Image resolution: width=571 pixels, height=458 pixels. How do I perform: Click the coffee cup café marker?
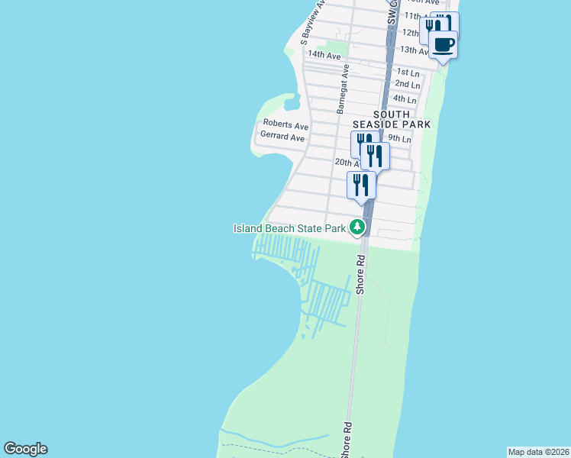(444, 44)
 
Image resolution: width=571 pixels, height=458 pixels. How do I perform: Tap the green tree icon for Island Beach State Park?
(356, 227)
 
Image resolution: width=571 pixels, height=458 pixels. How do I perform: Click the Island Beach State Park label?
(290, 227)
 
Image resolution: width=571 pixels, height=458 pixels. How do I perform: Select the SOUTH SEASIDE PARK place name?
(392, 118)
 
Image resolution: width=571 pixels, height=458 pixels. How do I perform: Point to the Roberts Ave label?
(285, 124)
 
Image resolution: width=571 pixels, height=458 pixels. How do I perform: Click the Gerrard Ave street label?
(282, 137)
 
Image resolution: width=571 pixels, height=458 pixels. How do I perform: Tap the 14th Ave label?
(324, 56)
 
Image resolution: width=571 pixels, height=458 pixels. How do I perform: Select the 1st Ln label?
(408, 72)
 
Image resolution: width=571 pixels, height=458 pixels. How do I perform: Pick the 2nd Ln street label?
(407, 84)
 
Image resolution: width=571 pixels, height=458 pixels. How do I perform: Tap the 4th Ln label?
(405, 100)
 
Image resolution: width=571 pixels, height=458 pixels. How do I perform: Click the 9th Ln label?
(399, 139)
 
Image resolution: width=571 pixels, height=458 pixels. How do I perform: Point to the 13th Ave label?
(415, 50)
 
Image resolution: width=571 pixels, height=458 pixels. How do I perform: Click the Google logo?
(25, 449)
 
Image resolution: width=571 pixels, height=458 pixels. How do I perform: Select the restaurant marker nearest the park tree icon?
(361, 185)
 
